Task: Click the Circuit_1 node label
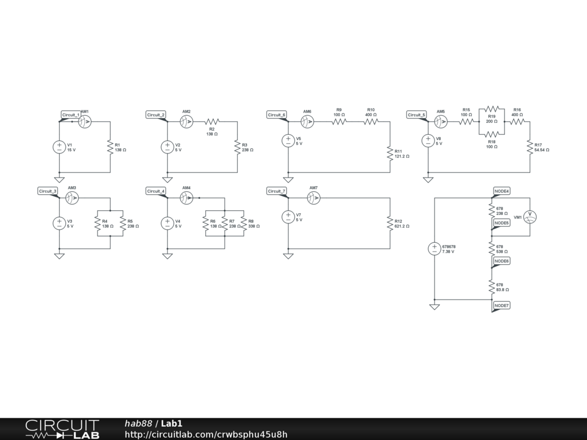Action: tap(71, 115)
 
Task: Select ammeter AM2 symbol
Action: tap(186, 121)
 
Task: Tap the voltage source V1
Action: tap(59, 147)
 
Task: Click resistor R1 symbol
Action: tap(109, 147)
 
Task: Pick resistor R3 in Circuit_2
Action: tap(237, 147)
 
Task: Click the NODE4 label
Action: tap(502, 191)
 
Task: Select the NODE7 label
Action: tap(502, 306)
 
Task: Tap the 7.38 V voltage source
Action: tap(435, 249)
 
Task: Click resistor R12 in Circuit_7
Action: tap(390, 223)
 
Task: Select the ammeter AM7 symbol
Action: tap(313, 198)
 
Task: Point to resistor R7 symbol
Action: tap(224, 223)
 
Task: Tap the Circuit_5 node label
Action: tap(417, 115)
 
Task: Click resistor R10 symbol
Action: tap(371, 121)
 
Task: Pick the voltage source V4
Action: tap(167, 223)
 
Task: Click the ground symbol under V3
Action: tap(59, 256)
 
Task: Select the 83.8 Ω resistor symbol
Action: tap(491, 287)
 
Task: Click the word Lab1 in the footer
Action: tap(171, 423)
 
